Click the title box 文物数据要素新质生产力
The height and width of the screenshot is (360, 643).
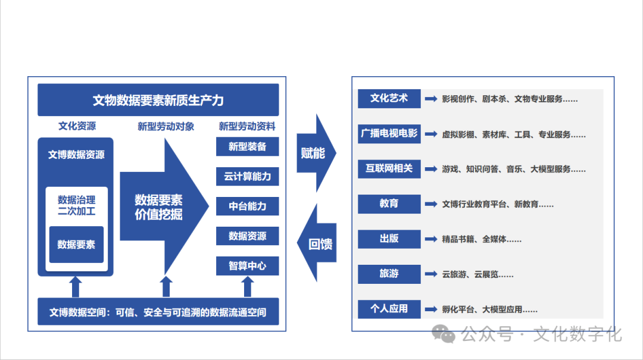click(x=158, y=100)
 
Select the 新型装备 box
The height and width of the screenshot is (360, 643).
click(x=247, y=146)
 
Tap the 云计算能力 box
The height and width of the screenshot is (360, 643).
click(x=247, y=176)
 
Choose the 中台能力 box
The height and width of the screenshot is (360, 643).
click(x=247, y=206)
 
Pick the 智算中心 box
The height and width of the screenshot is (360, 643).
click(x=247, y=265)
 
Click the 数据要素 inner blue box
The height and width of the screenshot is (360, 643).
click(x=76, y=245)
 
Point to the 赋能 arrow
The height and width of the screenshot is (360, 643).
click(x=314, y=153)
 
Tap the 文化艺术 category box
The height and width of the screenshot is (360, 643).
click(x=389, y=99)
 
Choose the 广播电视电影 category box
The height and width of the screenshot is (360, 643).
click(x=389, y=133)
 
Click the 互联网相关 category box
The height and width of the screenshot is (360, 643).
click(x=389, y=168)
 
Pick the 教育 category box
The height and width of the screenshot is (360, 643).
click(x=389, y=204)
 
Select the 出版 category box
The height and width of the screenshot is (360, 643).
click(x=389, y=239)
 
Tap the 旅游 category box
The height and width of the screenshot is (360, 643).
click(x=389, y=274)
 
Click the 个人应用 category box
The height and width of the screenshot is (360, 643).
click(x=389, y=309)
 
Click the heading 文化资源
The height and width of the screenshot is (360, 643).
click(x=77, y=126)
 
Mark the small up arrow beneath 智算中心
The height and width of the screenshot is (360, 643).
click(x=248, y=286)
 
